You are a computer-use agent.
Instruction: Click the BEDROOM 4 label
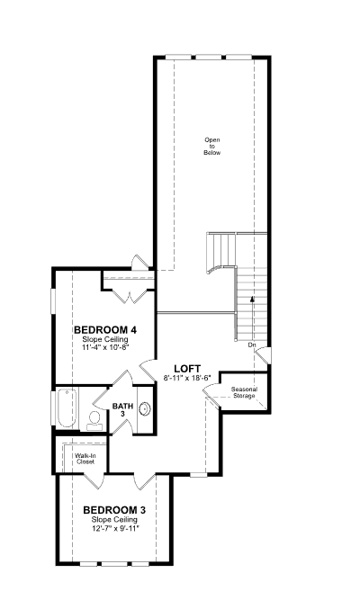pos(105,329)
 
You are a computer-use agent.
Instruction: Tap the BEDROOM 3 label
pos(114,510)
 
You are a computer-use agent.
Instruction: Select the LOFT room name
pos(187,369)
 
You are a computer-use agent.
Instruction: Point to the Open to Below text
pos(212,146)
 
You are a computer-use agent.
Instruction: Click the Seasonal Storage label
pos(244,392)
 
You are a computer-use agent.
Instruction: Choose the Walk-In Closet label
pos(85,459)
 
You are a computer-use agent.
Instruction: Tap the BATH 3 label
pos(122,409)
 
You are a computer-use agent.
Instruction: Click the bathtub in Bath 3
pos(67,407)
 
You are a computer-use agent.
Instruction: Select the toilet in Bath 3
pos(94,420)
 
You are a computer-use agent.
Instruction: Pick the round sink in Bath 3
pos(145,409)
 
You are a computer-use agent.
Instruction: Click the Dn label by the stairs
pos(252,345)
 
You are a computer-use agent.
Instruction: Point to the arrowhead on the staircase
pos(252,300)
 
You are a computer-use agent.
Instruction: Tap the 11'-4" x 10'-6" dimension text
pos(104,347)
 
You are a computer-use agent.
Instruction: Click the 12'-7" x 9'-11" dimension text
pos(114,528)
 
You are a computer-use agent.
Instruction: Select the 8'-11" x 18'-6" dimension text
pos(187,378)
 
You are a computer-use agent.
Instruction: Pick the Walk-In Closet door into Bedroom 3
pos(94,480)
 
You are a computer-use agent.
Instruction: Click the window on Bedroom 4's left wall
pos(53,302)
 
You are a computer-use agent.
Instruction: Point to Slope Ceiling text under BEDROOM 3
pos(114,519)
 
